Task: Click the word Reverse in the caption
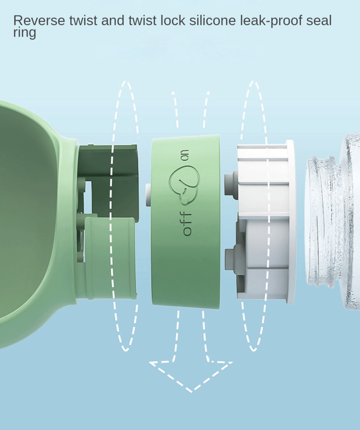pyautogui.click(x=39, y=21)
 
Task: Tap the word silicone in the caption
pyautogui.click(x=212, y=21)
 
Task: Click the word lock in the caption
pyautogui.click(x=173, y=21)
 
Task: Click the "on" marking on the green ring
pyautogui.click(x=186, y=155)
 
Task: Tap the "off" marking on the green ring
pyautogui.click(x=187, y=224)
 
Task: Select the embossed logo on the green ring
pyautogui.click(x=184, y=185)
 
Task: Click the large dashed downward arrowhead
pyautogui.click(x=191, y=376)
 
